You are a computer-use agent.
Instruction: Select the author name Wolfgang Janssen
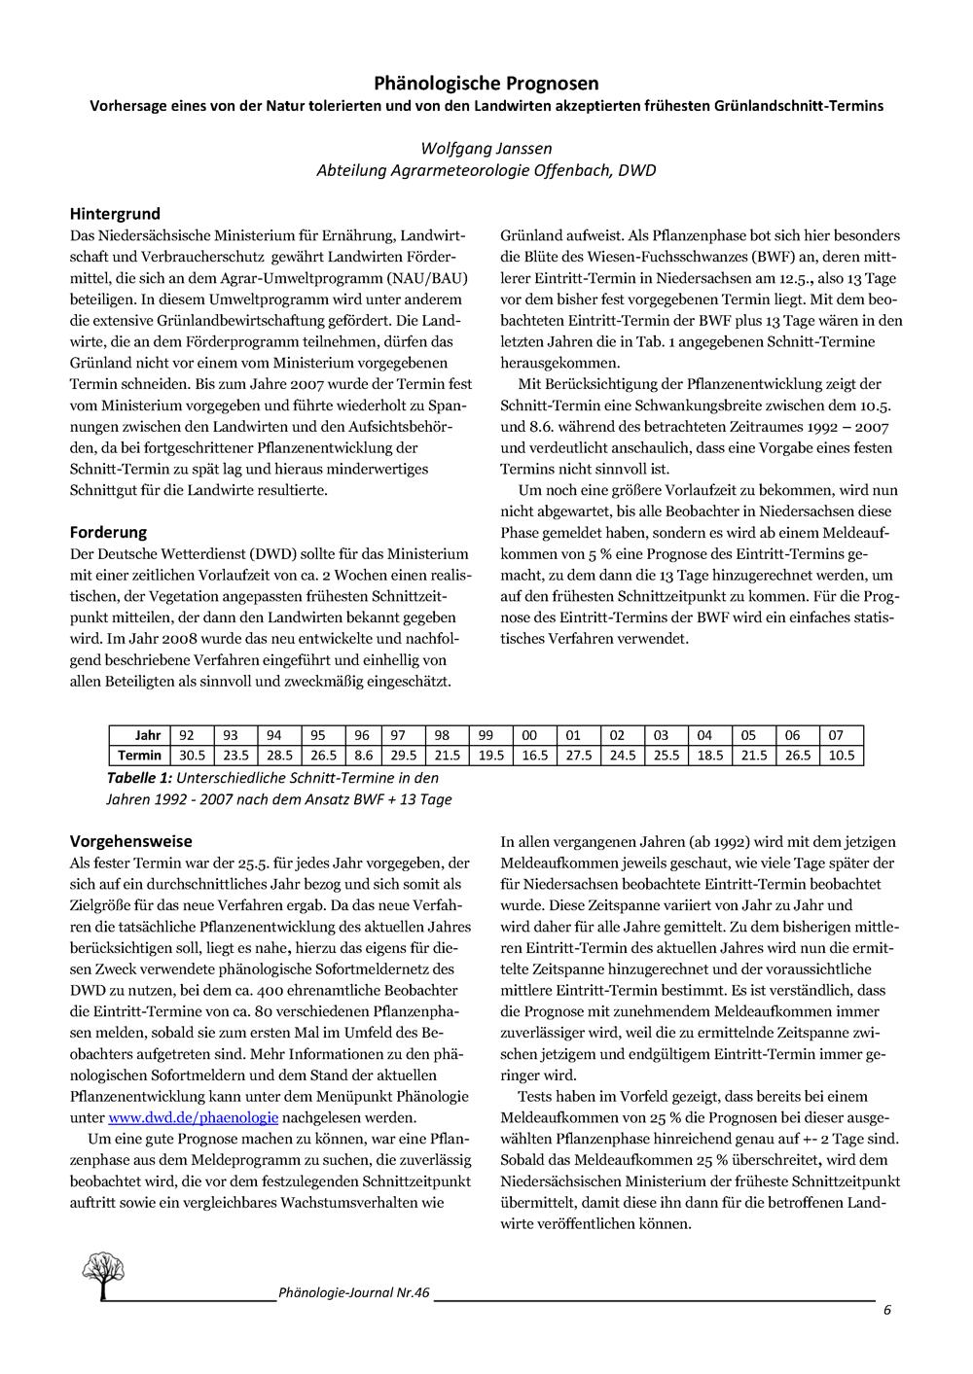pos(486,148)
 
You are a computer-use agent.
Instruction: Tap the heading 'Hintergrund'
pos(115,214)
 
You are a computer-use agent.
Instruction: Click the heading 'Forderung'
pos(108,532)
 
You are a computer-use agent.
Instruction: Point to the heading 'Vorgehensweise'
pos(131,841)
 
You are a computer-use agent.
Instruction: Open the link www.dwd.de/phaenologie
pos(194,1118)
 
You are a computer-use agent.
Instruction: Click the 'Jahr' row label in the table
pos(148,736)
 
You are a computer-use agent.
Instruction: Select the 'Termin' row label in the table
pos(140,756)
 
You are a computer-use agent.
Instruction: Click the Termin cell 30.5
pos(193,756)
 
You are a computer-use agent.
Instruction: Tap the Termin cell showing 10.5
pos(842,756)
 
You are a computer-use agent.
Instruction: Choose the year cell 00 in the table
pos(530,736)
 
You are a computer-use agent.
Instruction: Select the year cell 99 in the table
pos(486,736)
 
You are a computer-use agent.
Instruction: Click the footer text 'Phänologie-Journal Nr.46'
pos(353,1293)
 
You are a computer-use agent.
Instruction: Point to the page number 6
pos(887,1310)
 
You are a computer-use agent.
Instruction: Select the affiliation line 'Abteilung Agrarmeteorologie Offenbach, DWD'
pos(486,170)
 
